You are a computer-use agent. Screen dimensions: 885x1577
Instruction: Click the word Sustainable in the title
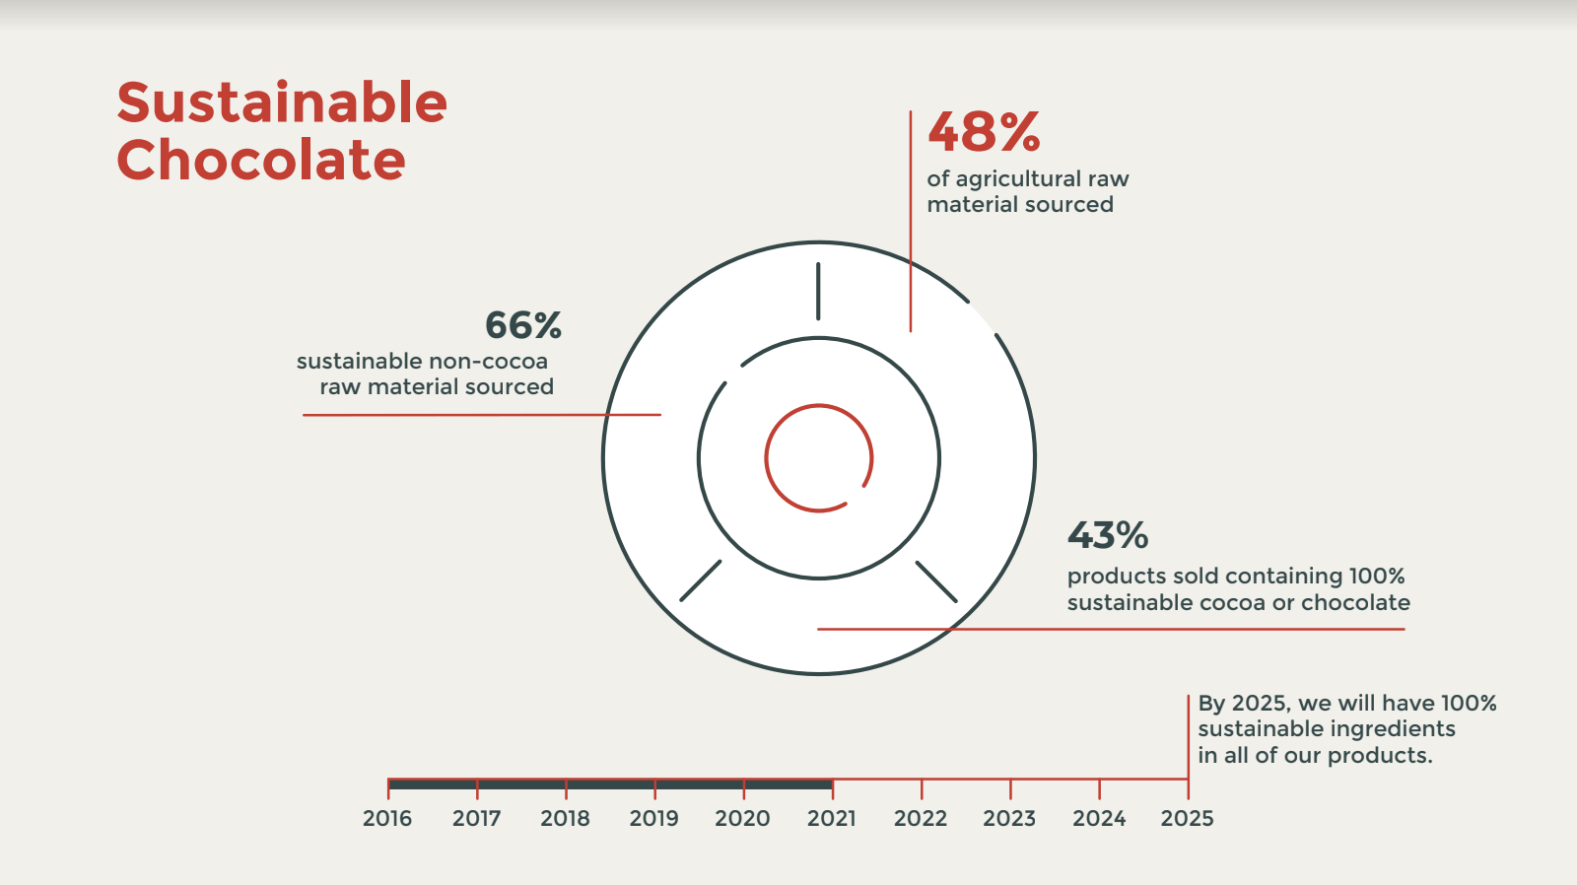point(282,103)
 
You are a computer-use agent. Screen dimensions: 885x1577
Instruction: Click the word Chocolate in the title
point(261,161)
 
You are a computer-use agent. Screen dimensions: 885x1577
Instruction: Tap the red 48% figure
point(984,132)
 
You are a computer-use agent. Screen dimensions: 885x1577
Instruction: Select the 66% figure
point(523,325)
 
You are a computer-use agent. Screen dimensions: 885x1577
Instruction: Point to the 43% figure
point(1108,536)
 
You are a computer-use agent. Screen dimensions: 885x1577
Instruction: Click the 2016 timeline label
point(387,818)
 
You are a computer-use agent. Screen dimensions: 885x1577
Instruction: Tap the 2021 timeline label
point(832,818)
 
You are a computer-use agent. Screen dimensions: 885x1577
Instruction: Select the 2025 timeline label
point(1187,818)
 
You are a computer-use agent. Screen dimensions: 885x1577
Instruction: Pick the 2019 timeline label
point(654,818)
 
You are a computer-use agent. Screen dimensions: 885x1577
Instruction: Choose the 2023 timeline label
point(1009,818)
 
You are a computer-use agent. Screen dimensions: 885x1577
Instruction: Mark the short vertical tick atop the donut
point(818,291)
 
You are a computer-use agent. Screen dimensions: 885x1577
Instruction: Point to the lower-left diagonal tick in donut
point(701,580)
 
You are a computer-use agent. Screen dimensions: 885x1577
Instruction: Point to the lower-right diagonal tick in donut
point(936,581)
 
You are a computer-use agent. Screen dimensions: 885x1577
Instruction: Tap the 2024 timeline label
point(1099,818)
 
